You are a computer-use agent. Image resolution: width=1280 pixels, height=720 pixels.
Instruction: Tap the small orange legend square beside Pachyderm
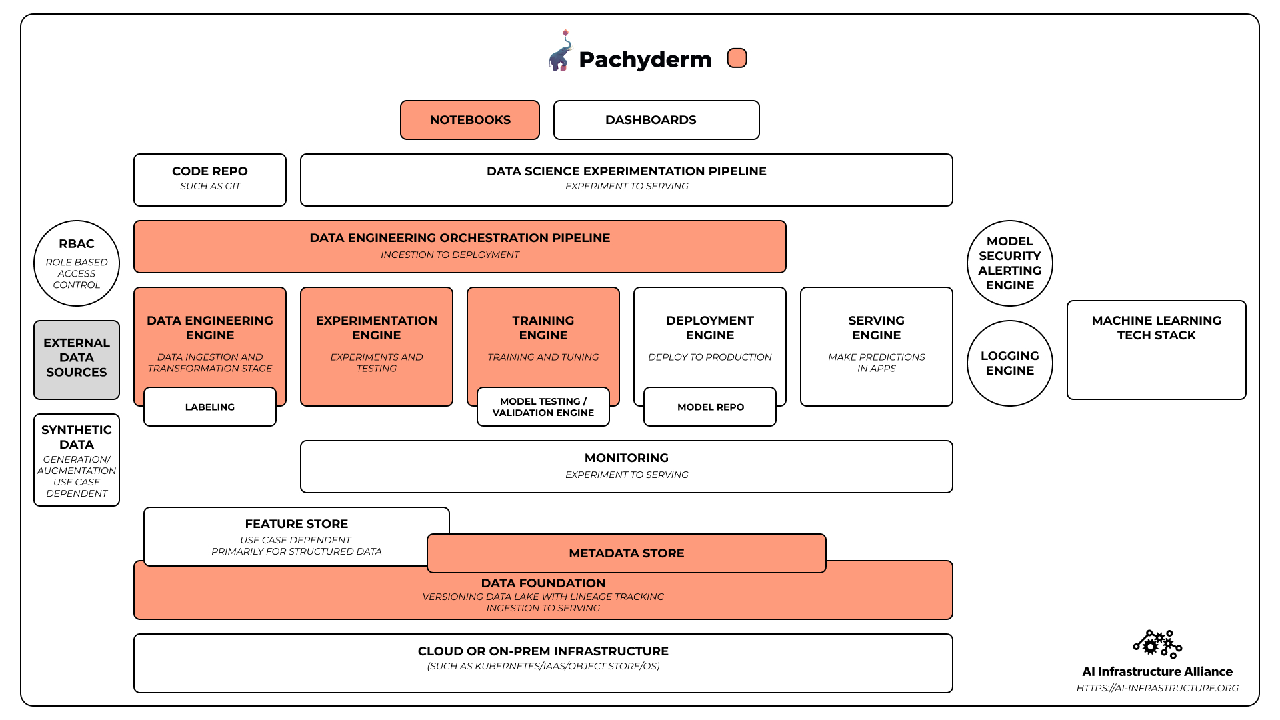coord(737,59)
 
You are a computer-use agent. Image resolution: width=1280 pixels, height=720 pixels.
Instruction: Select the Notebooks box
coord(470,120)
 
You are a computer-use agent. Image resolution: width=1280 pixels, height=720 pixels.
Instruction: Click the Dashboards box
coord(657,120)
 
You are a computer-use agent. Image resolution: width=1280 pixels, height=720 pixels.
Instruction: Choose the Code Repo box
coord(210,180)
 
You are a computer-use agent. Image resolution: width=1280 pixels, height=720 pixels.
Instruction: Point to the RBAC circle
coord(77,263)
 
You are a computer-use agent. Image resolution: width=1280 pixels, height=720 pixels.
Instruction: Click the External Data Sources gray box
coord(77,360)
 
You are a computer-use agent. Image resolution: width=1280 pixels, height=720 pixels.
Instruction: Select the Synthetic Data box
coord(77,460)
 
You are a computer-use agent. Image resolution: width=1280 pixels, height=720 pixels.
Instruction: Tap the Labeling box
coord(210,407)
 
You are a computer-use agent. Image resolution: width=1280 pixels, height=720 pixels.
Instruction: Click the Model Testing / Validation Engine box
coord(543,407)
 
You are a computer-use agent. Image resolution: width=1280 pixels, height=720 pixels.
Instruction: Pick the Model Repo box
coord(710,407)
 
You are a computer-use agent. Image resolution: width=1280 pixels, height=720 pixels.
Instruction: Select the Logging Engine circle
coord(1010,363)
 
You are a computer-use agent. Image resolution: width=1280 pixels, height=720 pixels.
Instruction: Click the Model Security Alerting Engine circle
coord(1010,263)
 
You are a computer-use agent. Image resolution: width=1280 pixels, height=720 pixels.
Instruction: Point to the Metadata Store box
coord(627,553)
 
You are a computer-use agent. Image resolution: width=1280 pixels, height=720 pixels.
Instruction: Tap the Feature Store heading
coord(297,524)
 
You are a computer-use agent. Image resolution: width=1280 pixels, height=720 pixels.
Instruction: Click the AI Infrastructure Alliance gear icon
coord(1157,644)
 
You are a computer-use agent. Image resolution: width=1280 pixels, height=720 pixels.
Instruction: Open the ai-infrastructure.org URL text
coord(1157,688)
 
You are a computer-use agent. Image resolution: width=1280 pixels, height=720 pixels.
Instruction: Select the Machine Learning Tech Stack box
coord(1157,350)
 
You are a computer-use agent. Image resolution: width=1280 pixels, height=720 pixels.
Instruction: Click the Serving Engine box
coord(877,347)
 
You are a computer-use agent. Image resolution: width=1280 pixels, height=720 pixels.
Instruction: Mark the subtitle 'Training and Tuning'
coord(543,357)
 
